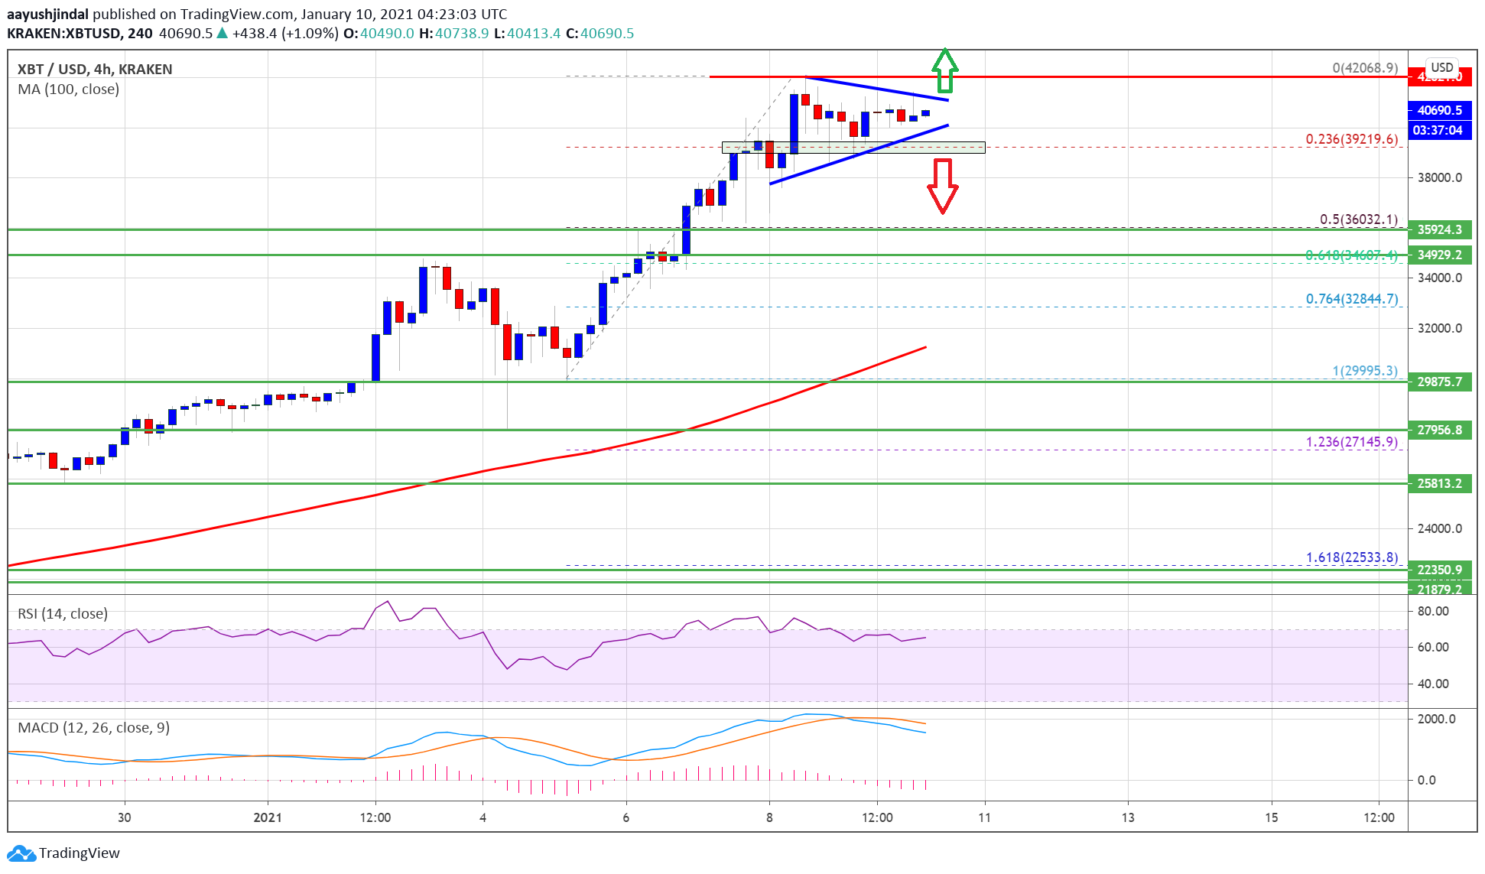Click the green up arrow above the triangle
(945, 70)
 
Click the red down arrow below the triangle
(943, 185)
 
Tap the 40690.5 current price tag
(1439, 110)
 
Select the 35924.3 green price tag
(1439, 229)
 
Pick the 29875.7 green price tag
(1439, 382)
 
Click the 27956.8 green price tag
(1439, 430)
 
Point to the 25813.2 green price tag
(1439, 483)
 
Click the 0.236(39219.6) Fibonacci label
(1351, 139)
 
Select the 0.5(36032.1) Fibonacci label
(1358, 219)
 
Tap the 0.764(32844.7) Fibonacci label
(1351, 299)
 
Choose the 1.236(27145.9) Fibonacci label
(1351, 442)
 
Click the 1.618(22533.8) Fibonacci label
(1351, 557)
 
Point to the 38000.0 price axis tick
(1439, 177)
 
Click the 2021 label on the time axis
(268, 817)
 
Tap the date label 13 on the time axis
(1128, 817)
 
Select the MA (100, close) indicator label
(69, 89)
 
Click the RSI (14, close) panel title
(63, 613)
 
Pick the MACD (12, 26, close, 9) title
(93, 727)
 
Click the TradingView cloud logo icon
(21, 853)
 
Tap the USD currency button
(1441, 67)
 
